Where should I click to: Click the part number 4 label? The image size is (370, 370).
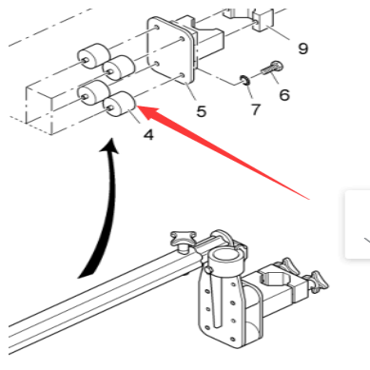pos(148,135)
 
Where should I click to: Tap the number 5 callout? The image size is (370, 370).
pos(201,111)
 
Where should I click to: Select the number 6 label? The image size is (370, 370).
pos(284,94)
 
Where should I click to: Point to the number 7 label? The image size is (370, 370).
pos(255,109)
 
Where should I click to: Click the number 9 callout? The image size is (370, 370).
pos(303,49)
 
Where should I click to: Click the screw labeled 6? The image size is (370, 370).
pos(272,69)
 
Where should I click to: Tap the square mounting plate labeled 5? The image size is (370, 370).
pos(171,51)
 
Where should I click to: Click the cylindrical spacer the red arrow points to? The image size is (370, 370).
pos(120,104)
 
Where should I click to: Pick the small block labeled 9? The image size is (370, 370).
pos(263,21)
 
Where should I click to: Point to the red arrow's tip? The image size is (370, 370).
pos(136,106)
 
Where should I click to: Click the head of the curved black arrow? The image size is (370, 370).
pos(110,146)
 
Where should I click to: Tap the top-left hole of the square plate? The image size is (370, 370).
pos(157,29)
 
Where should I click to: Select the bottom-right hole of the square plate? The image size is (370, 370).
pos(182,75)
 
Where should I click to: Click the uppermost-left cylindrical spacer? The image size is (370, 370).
pos(94,55)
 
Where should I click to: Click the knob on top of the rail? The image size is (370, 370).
pos(183,241)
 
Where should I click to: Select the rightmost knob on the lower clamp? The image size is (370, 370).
pos(319,282)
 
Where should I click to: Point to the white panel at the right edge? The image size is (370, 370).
pos(358,224)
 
